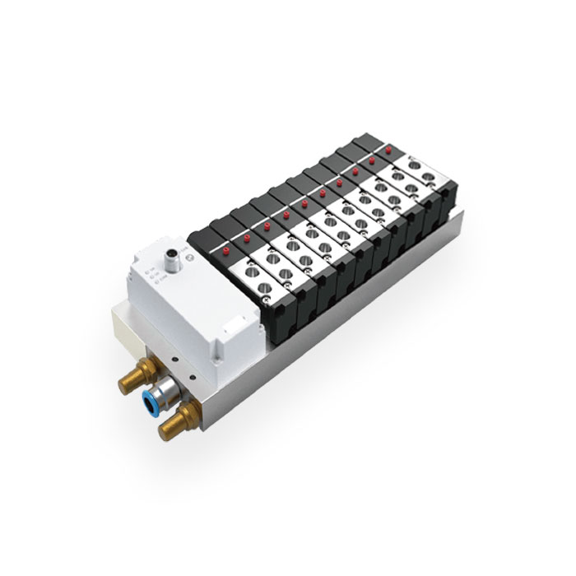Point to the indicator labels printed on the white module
point(151,272)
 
